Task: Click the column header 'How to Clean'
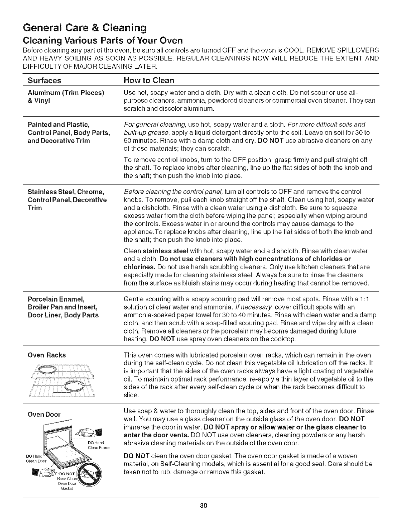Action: click(149, 80)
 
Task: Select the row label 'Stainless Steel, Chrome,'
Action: click(66, 192)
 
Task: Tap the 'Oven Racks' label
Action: click(46, 355)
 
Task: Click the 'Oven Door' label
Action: click(44, 415)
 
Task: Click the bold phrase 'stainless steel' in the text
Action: click(165, 250)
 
